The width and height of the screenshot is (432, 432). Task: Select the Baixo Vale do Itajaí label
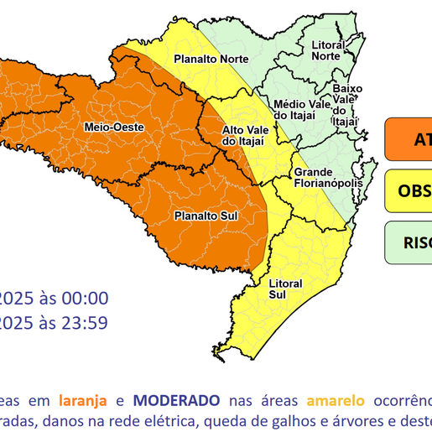click(x=346, y=104)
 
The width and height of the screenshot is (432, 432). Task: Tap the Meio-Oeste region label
click(x=114, y=127)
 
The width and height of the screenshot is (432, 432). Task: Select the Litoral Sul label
click(x=284, y=289)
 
